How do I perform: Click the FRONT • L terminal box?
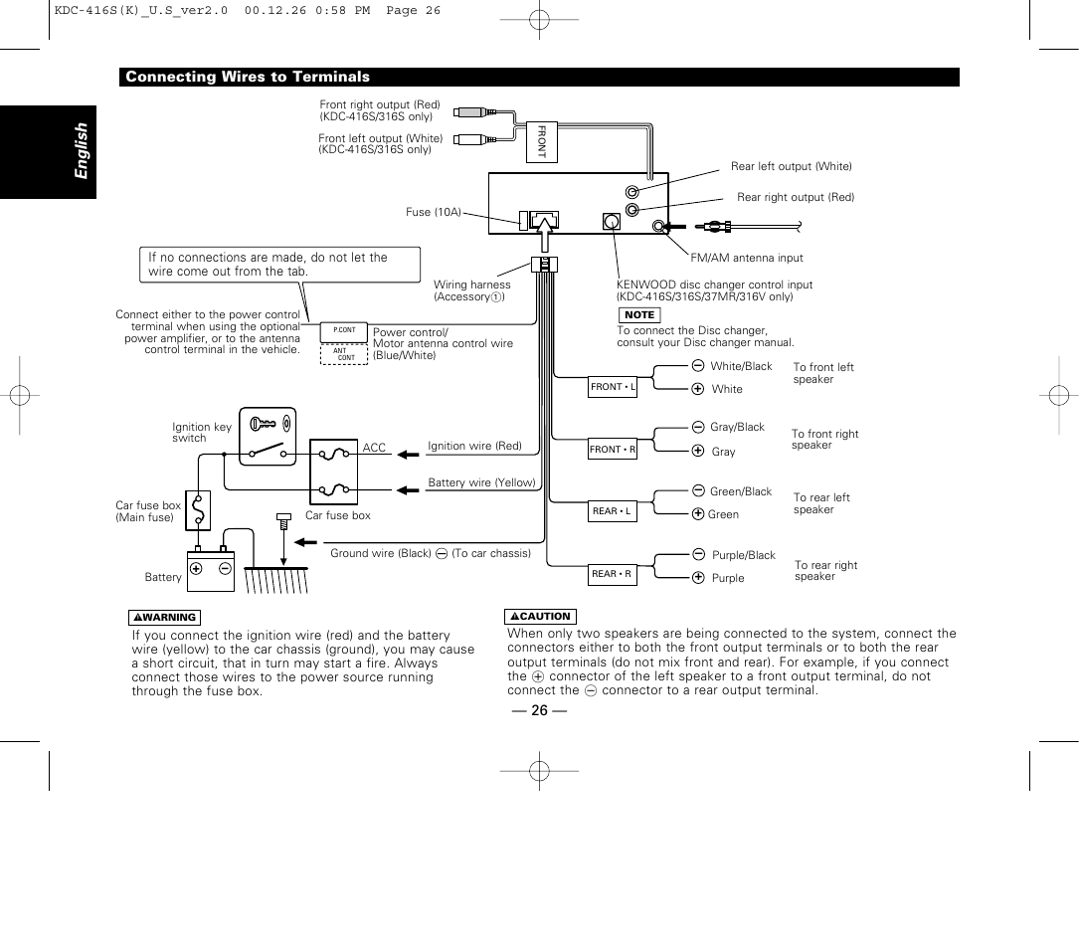point(613,387)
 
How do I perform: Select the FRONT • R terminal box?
point(612,450)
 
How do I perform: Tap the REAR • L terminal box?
point(612,511)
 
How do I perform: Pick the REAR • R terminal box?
point(612,574)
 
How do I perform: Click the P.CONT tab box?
point(344,330)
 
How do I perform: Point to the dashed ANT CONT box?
point(344,354)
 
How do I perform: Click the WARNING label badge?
point(164,618)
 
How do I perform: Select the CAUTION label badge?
point(541,617)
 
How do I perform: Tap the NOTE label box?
point(638,315)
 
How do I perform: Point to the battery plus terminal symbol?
point(197,569)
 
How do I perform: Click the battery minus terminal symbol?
point(225,569)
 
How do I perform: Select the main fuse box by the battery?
point(199,510)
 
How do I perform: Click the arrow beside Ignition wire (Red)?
point(408,455)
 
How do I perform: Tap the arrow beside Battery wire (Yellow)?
point(408,489)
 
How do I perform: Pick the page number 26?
point(539,709)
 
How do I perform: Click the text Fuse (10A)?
point(433,212)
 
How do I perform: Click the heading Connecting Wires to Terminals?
point(248,78)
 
